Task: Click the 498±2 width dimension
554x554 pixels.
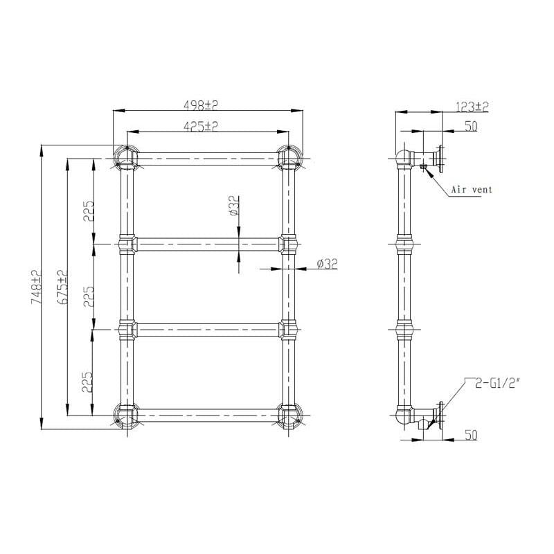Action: click(x=201, y=105)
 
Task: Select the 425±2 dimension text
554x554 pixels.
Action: click(x=201, y=126)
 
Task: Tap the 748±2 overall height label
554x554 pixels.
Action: click(x=37, y=286)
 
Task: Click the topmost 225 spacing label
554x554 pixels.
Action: click(x=89, y=211)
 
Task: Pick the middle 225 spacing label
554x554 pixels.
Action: click(x=89, y=296)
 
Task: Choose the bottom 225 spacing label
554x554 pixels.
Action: click(x=87, y=382)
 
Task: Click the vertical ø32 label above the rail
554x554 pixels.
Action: click(x=234, y=206)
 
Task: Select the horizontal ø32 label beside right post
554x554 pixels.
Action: click(x=327, y=264)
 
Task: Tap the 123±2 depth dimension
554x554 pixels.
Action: click(x=472, y=107)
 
